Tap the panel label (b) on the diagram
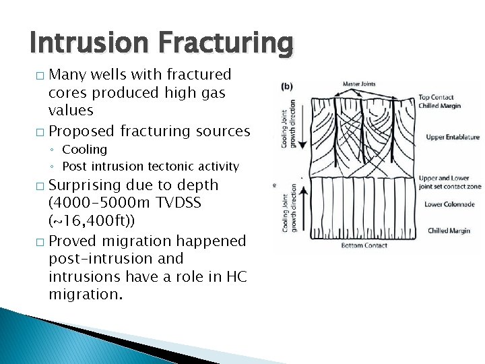[x=286, y=87]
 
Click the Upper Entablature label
[x=452, y=138]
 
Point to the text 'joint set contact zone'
[x=450, y=187]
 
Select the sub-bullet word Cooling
[x=84, y=149]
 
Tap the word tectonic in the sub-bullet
[x=166, y=166]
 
